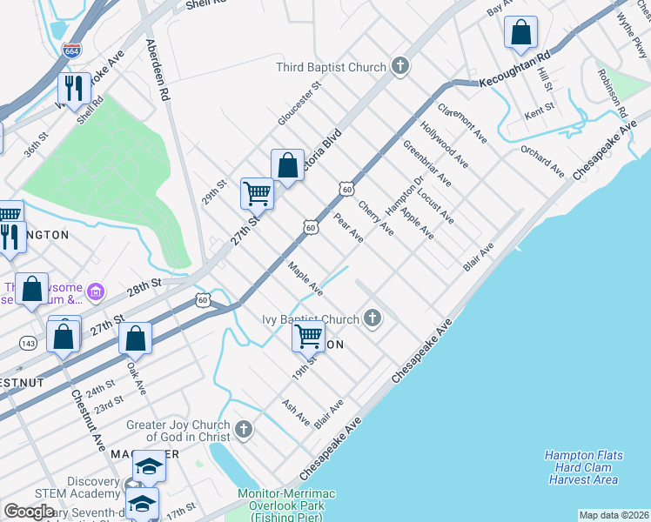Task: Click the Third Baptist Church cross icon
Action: click(399, 67)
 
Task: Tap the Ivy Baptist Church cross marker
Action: click(373, 319)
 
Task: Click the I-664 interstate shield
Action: click(72, 51)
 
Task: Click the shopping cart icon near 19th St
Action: click(309, 336)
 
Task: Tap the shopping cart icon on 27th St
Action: click(257, 193)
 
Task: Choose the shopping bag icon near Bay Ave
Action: click(520, 33)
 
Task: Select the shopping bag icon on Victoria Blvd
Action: click(287, 164)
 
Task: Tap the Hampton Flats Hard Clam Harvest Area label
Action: click(581, 467)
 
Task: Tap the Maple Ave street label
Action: click(305, 278)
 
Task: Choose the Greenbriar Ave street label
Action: click(426, 162)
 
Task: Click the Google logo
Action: click(29, 512)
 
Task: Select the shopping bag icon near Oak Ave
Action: click(135, 338)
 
